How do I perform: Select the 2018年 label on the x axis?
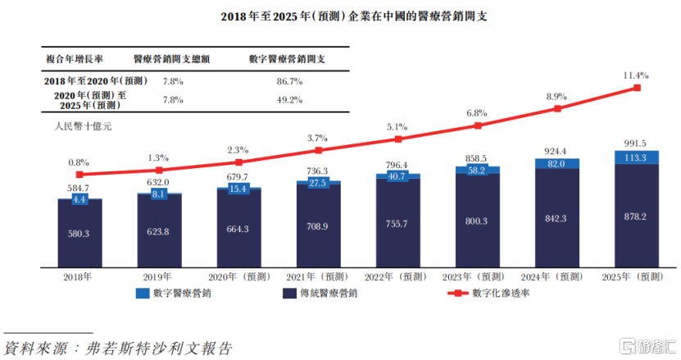tap(79, 276)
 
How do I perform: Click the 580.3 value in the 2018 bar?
tap(79, 235)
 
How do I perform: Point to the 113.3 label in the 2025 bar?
tap(637, 157)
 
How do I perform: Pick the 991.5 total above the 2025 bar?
tap(637, 143)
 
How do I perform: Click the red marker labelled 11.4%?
tap(637, 88)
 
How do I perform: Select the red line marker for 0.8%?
tap(79, 174)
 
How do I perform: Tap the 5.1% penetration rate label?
tap(397, 127)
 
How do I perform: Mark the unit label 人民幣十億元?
tap(82, 127)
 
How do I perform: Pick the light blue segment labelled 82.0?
tap(557, 164)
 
